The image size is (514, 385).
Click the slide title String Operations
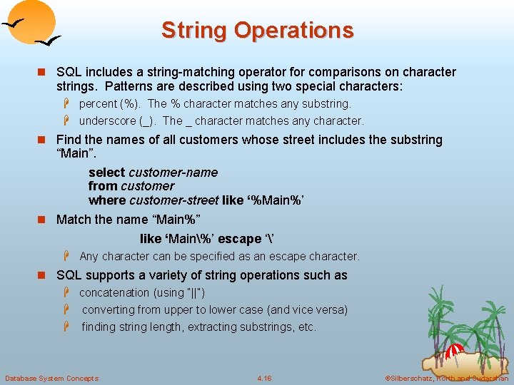[x=257, y=31]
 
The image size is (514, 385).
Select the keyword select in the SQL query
[x=107, y=173]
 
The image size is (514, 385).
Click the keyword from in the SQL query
[x=102, y=186]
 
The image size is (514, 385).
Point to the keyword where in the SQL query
[x=107, y=200]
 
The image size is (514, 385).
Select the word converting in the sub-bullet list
[x=110, y=310]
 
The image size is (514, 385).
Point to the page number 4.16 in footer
[x=264, y=378]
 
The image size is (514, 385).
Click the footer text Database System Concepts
[x=51, y=378]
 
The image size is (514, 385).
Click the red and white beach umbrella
[x=455, y=351]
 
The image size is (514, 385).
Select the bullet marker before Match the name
[x=46, y=220]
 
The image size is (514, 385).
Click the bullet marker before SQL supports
[x=46, y=276]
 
